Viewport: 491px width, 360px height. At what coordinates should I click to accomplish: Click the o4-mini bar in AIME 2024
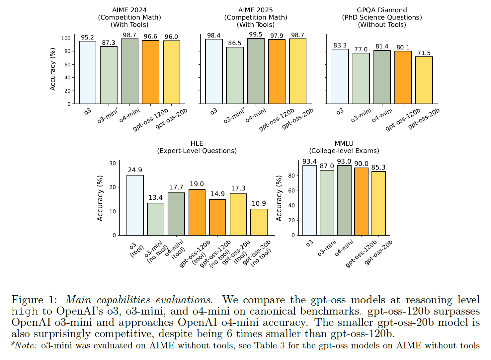pos(129,71)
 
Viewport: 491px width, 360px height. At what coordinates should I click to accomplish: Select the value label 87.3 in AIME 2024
pos(109,43)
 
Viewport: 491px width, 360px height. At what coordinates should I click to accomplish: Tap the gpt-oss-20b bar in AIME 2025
pos(298,71)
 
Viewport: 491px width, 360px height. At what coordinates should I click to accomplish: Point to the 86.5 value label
pos(235,43)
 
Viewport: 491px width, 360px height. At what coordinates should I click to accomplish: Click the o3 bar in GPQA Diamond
pos(340,76)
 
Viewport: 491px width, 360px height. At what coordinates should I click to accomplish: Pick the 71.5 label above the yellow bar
pos(424,53)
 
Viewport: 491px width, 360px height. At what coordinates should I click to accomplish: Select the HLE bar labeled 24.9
pos(135,205)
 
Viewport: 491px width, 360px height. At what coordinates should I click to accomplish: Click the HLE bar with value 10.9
pos(259,222)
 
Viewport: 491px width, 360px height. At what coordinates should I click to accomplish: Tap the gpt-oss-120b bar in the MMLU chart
pos(361,201)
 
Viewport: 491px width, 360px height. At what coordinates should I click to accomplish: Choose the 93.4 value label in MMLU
pos(309,162)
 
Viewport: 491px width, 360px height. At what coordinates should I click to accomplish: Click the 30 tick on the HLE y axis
pos(113,163)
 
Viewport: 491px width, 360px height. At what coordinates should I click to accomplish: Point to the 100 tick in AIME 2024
pos(66,38)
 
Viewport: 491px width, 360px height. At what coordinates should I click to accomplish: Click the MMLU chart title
pos(344,147)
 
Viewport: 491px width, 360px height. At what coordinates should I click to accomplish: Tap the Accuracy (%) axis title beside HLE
pos(100,198)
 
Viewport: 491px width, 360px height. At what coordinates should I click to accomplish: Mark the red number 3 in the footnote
pos(282,346)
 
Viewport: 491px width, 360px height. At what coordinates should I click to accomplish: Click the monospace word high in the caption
pos(25,312)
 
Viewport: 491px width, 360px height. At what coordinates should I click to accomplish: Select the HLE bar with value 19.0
pos(197,212)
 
